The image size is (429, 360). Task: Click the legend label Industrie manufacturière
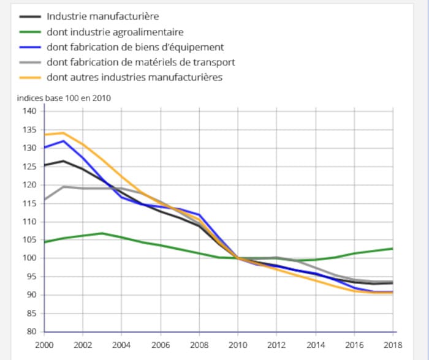coord(102,17)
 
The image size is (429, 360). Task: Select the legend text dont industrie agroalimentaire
coord(115,32)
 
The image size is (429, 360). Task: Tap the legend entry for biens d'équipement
coord(135,47)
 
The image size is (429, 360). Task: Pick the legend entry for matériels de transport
coord(140,62)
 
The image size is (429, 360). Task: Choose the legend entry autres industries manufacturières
coord(134,77)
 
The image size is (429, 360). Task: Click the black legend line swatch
coord(29,17)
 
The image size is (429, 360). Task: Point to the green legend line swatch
coord(29,32)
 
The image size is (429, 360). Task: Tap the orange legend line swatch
coord(29,78)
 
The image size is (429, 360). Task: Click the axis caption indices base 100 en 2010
coord(64,97)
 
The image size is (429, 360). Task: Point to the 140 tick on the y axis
coord(31,111)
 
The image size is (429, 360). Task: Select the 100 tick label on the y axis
coord(31,258)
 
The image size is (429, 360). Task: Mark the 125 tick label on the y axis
coord(31,166)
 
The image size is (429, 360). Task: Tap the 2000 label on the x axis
coord(44,345)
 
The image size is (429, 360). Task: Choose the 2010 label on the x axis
coord(238,345)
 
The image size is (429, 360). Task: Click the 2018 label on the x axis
coord(392,345)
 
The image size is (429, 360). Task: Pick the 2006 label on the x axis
coord(161,345)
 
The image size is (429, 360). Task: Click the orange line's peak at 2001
coord(63,132)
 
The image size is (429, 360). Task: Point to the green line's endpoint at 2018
coord(392,248)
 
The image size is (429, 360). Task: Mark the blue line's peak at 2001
coord(63,141)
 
